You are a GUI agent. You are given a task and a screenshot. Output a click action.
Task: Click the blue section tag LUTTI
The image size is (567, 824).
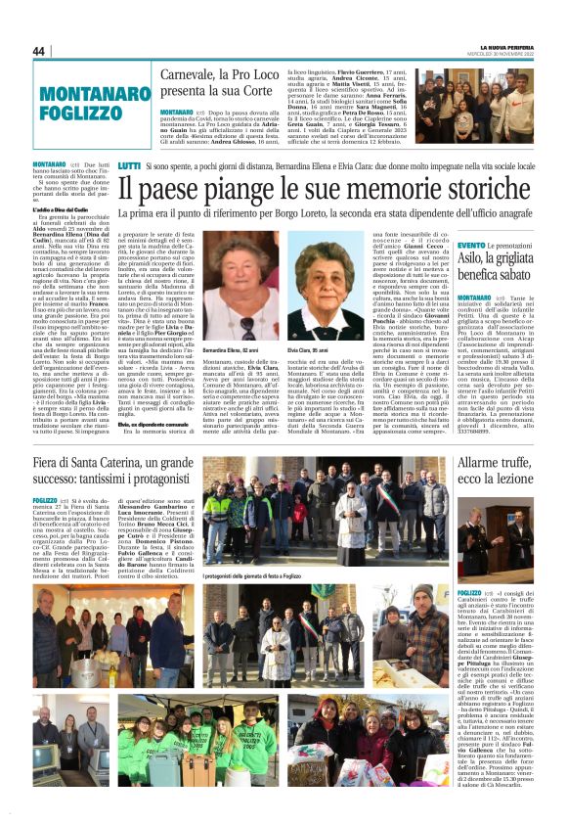coord(129,167)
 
